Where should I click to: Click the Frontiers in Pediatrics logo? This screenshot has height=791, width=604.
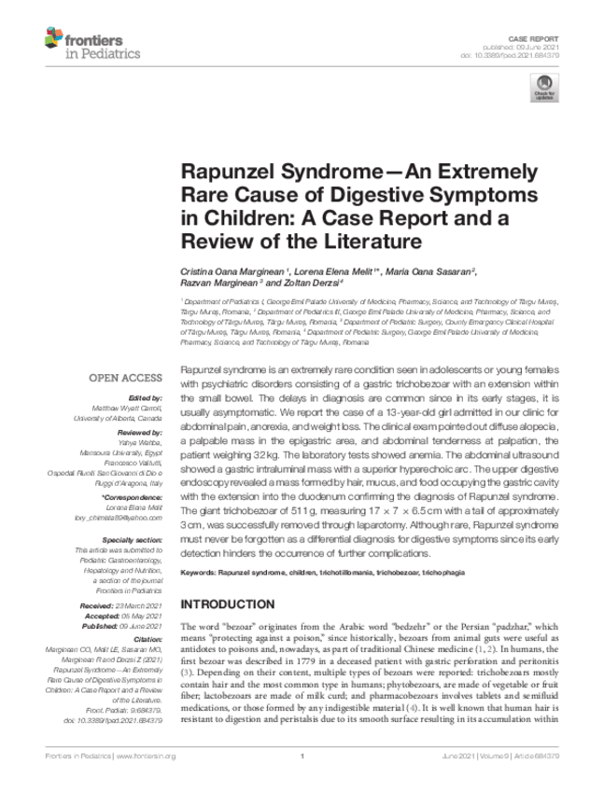(x=91, y=43)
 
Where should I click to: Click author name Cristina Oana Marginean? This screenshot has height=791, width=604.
(x=227, y=270)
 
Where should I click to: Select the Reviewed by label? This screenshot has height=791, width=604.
(x=141, y=434)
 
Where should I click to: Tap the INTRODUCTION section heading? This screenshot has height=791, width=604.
(x=228, y=604)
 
